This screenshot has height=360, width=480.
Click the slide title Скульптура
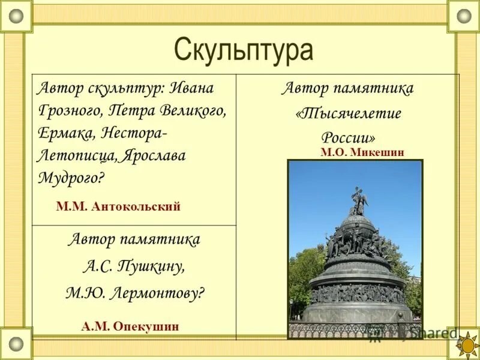244,50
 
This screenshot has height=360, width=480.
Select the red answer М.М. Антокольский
118,206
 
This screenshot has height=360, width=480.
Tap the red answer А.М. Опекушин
130,326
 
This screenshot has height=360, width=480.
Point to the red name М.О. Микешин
362,152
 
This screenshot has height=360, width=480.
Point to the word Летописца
76,155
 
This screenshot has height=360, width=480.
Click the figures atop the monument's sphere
359,201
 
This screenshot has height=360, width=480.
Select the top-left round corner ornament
16,16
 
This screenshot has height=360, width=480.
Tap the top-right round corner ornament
464,16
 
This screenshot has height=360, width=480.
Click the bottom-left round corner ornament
16,344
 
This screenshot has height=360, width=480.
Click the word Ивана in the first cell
191,89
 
